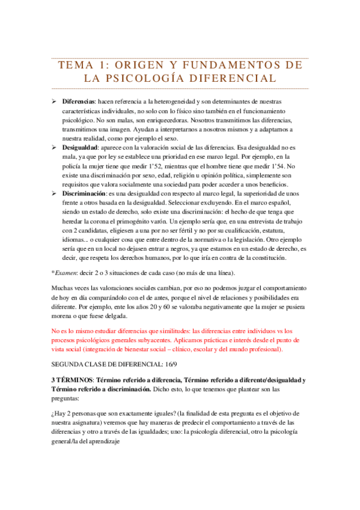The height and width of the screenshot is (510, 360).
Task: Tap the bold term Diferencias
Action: click(x=79, y=102)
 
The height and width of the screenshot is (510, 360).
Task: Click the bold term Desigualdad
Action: click(x=81, y=146)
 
